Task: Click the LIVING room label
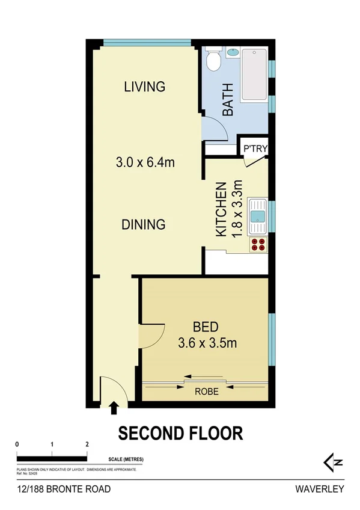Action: pos(144,87)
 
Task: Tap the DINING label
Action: pos(143,224)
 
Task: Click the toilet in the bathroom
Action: pos(213,59)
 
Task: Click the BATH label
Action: pos(228,103)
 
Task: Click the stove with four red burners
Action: pos(259,244)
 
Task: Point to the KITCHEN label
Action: pos(221,209)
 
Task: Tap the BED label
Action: pos(206,328)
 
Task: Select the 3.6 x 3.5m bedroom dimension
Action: pos(207,343)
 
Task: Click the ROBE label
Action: pos(206,391)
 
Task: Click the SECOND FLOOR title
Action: pos(180,432)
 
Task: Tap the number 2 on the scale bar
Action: pos(88,444)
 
